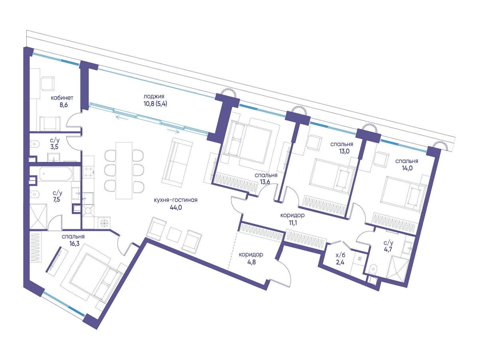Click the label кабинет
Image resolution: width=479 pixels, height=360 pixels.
click(x=62, y=98)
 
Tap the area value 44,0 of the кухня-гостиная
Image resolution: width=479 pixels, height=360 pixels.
click(x=176, y=207)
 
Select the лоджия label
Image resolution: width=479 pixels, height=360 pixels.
click(x=154, y=96)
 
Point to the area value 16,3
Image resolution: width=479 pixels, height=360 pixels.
click(x=73, y=244)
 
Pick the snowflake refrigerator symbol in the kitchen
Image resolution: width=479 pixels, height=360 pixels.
click(x=104, y=223)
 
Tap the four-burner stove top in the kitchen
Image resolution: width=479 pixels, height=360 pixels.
click(x=89, y=172)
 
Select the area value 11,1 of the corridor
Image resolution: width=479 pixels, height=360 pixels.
click(x=293, y=223)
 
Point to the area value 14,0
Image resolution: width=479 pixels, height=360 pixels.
click(x=407, y=168)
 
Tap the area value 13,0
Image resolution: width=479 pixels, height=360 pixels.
click(x=342, y=151)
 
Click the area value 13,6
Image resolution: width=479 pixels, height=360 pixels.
click(x=266, y=182)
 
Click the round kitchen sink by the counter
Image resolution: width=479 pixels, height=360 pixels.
click(x=88, y=211)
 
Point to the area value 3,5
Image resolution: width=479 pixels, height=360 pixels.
click(x=54, y=146)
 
